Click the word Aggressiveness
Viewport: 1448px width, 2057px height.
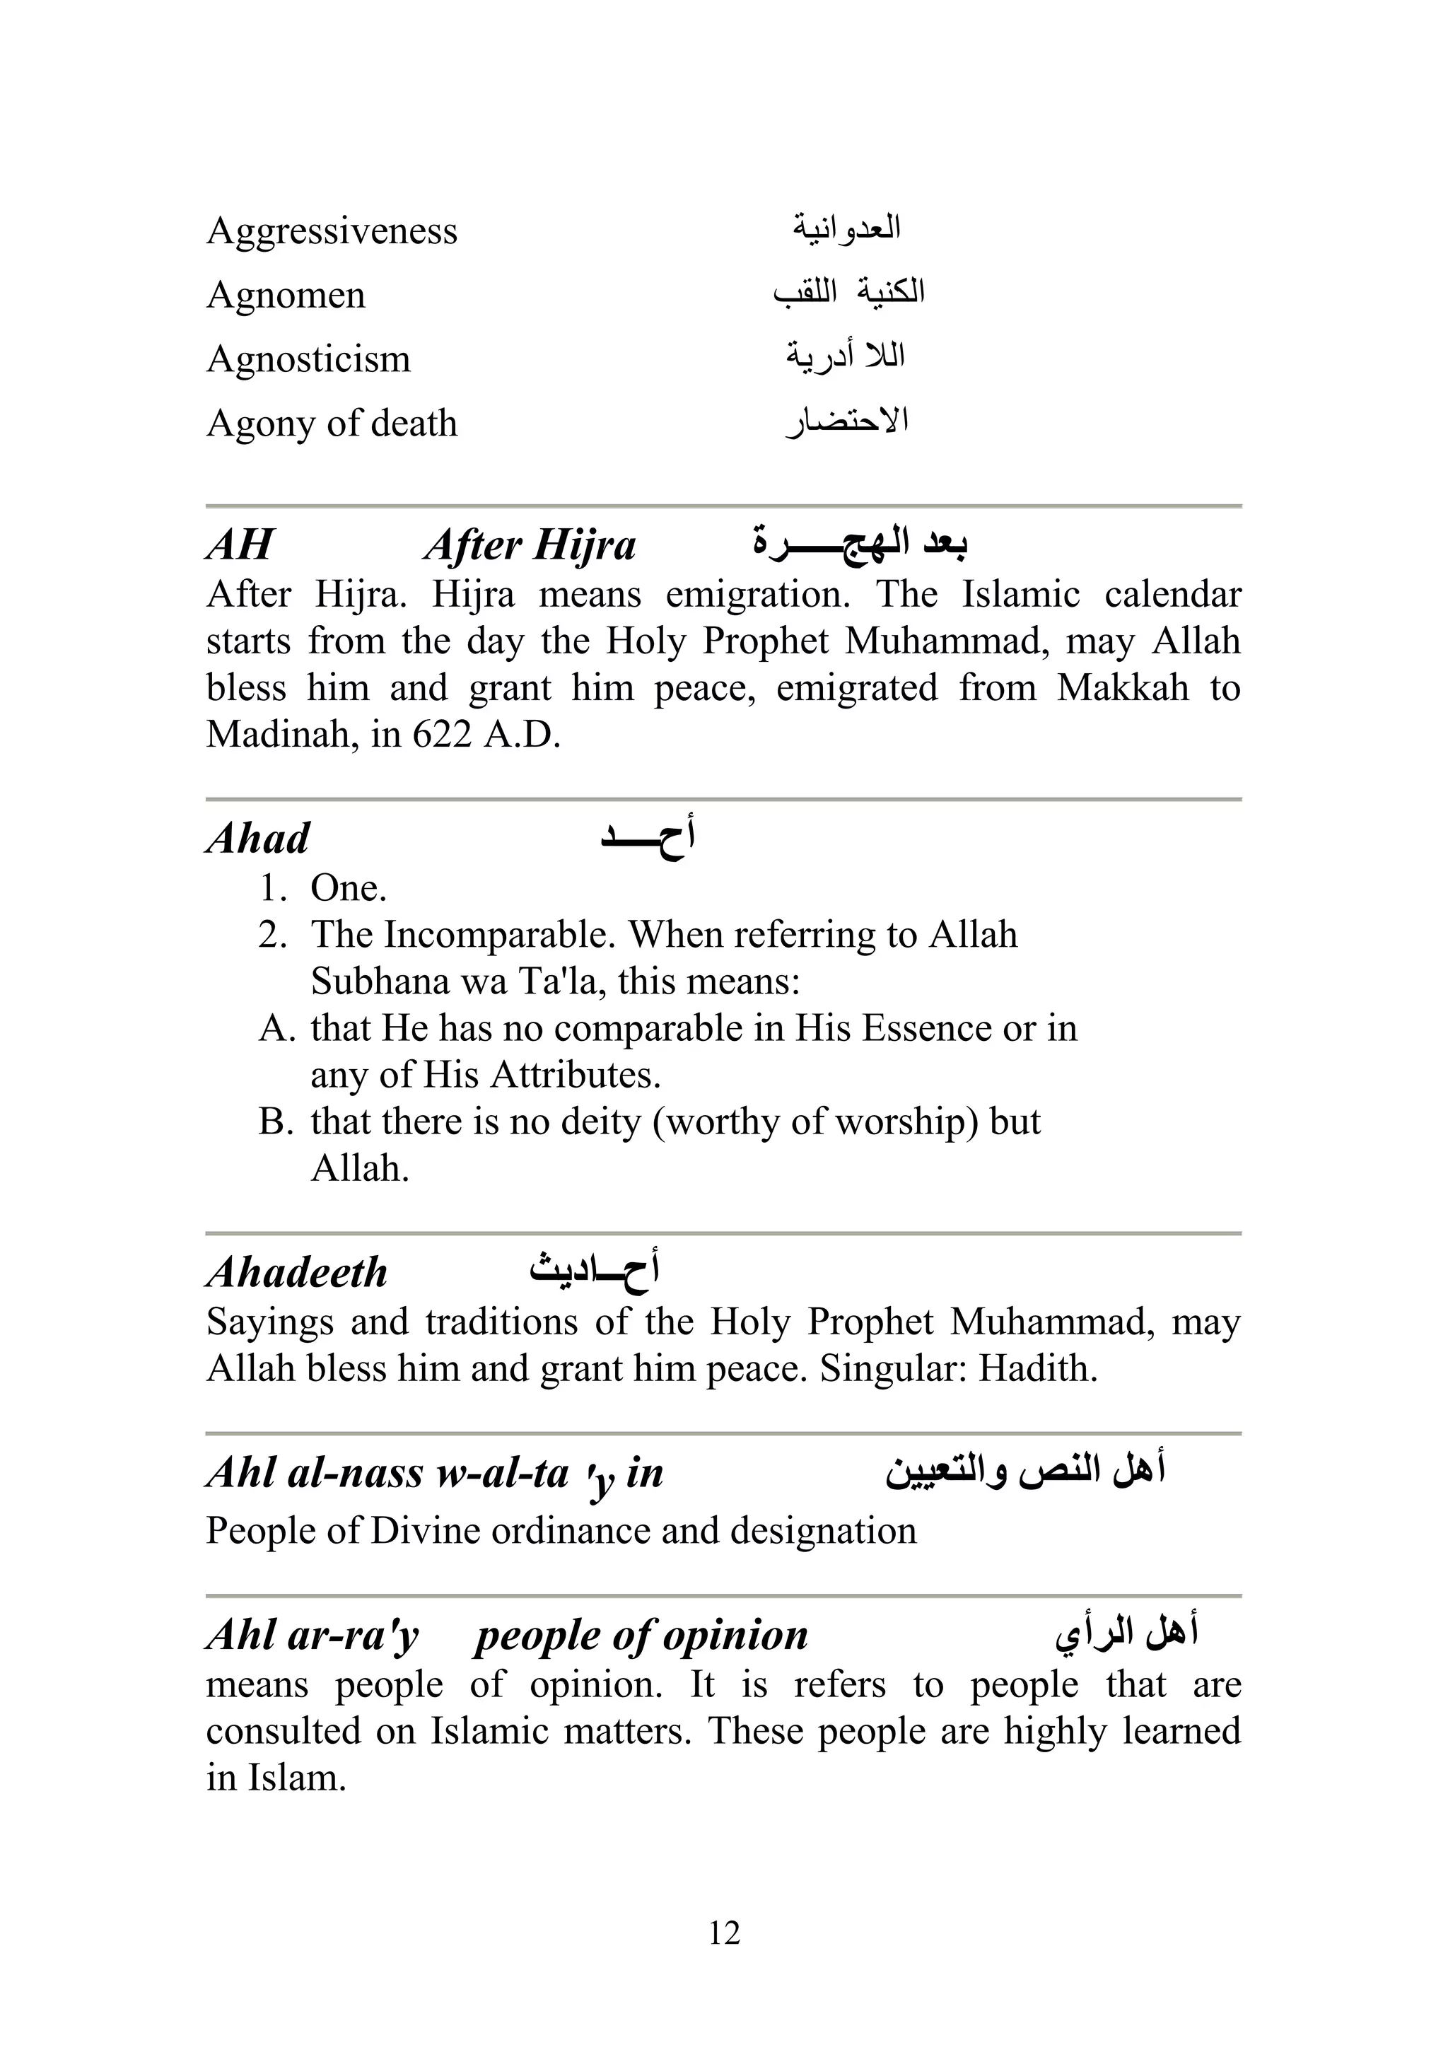(x=332, y=232)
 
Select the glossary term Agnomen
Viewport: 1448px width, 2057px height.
(x=286, y=296)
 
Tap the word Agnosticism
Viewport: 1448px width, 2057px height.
(x=308, y=360)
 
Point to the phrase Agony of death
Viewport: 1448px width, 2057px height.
(x=332, y=424)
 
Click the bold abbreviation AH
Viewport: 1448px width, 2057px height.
(x=239, y=544)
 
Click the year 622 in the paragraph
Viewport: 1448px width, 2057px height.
(x=442, y=735)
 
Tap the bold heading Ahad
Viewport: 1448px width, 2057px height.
(x=258, y=839)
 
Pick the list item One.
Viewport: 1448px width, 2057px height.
(x=348, y=888)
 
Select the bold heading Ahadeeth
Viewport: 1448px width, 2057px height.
(x=296, y=1272)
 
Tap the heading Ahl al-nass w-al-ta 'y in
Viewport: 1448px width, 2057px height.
(x=435, y=1474)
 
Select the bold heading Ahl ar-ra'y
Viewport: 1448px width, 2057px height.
(x=312, y=1635)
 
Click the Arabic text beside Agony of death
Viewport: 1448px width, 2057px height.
(x=847, y=421)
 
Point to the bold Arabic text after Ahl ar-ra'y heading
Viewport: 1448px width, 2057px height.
(x=1126, y=1632)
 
